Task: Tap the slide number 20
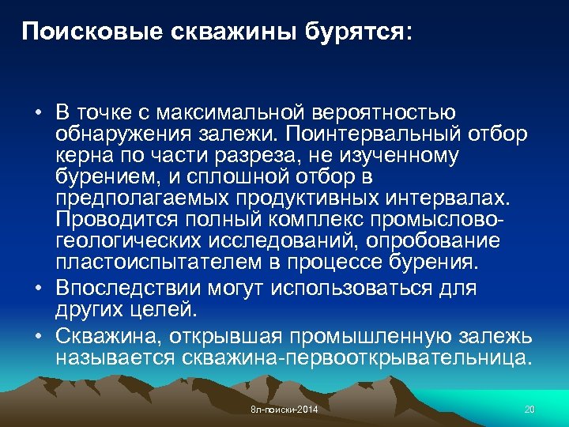point(529,410)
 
